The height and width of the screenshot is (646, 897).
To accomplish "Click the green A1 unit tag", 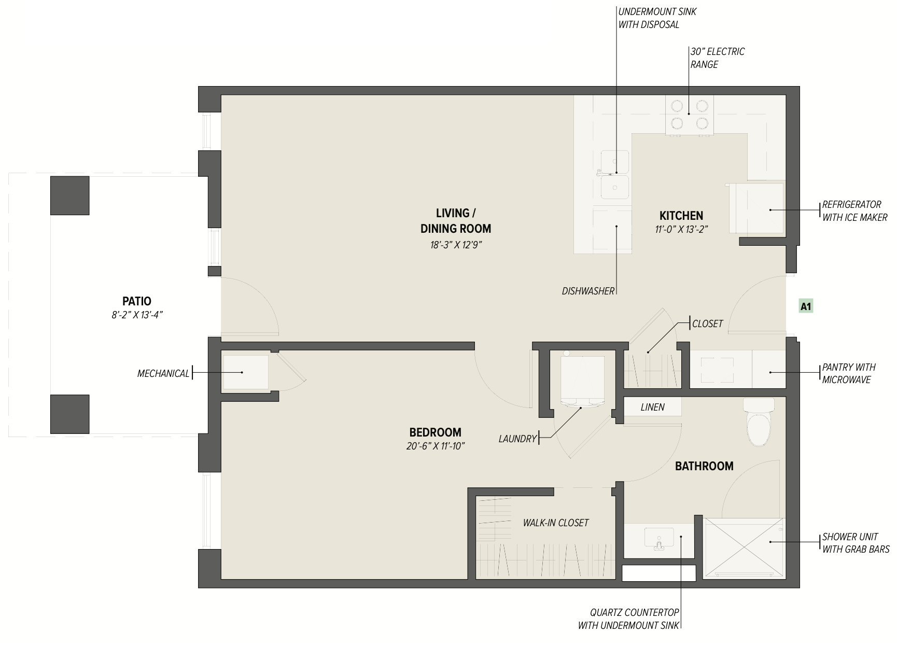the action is coord(806,307).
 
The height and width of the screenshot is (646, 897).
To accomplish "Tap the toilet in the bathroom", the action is coord(759,422).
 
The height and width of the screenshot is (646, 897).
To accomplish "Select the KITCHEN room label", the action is coord(681,216).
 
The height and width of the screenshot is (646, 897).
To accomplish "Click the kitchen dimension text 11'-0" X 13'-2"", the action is coord(681,229).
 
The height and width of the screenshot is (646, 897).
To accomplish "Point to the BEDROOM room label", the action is coord(435,432).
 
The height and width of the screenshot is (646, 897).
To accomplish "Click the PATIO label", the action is coord(137,301).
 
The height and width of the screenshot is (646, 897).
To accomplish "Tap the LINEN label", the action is coord(652,408).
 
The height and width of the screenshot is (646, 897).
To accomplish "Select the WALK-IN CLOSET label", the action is coord(556,523).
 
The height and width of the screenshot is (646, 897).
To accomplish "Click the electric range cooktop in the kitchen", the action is coord(689,115).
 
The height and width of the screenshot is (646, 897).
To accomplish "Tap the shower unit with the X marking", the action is coord(744,547).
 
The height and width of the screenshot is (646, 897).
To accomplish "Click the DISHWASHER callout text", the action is coord(588,291).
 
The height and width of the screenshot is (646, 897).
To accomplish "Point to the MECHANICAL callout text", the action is coord(163,373).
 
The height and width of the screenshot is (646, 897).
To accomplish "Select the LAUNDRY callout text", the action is coord(517,439).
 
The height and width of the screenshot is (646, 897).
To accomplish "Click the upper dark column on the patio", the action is coord(69,195).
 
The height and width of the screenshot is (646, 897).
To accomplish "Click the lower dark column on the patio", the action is coord(69,414).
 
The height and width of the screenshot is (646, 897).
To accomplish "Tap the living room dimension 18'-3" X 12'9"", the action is coord(456,245).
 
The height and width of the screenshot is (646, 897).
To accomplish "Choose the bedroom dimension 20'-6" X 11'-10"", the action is coord(436,446).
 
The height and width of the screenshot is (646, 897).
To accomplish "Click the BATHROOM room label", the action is coord(704,466).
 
